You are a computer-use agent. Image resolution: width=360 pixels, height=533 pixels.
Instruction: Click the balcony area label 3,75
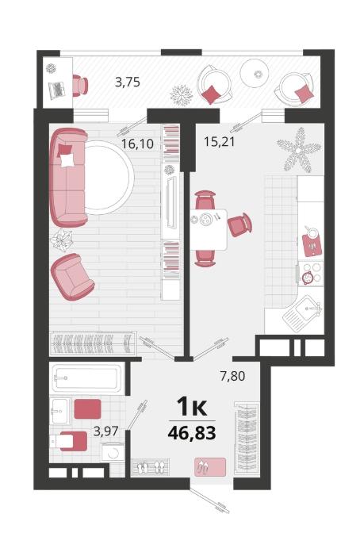(x=128, y=82)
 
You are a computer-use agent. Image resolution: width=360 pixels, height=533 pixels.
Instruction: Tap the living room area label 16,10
(x=137, y=144)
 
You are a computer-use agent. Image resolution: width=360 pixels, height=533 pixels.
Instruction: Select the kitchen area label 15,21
(x=220, y=141)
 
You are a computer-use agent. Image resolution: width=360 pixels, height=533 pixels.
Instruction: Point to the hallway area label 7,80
(x=232, y=376)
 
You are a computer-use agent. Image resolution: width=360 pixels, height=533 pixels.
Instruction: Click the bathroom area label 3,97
(x=105, y=431)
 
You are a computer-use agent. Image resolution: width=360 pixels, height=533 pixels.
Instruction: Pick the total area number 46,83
(x=192, y=433)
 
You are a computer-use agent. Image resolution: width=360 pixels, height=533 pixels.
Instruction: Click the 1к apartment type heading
(x=192, y=406)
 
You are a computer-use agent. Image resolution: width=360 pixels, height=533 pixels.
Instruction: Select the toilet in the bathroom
(x=68, y=441)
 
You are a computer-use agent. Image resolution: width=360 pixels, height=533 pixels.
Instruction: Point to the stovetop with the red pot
(x=311, y=274)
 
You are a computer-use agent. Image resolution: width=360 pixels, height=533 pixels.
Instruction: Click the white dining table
(x=209, y=229)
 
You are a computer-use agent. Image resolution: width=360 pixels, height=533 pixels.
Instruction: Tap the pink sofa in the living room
(x=68, y=178)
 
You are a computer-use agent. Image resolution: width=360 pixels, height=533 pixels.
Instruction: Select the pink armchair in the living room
(x=71, y=276)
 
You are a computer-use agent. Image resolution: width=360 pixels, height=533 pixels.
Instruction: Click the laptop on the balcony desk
(x=56, y=90)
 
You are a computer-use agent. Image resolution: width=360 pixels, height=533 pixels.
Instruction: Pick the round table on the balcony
(x=255, y=74)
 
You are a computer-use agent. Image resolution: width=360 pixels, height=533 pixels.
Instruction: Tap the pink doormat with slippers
(x=210, y=466)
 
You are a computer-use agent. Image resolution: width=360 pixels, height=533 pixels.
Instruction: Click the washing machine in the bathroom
(x=113, y=452)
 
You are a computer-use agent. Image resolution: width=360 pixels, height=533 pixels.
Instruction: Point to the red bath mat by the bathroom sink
(x=88, y=409)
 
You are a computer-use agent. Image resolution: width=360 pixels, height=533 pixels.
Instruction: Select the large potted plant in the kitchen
(x=299, y=150)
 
